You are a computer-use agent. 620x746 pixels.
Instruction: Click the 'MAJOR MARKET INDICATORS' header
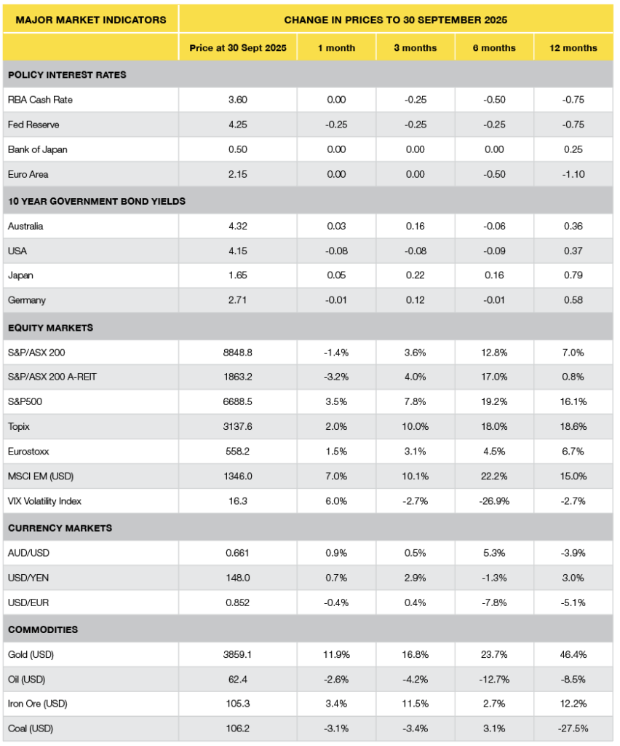(91, 20)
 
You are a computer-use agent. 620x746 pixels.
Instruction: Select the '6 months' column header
(494, 48)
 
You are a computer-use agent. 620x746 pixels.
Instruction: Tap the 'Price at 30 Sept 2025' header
(238, 48)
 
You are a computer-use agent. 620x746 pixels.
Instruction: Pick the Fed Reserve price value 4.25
(238, 125)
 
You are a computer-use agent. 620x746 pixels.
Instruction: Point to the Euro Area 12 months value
(573, 174)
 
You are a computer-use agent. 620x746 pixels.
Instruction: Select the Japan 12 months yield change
(573, 275)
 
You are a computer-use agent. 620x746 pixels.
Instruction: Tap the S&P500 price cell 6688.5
(238, 402)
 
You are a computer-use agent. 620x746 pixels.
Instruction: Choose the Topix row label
(19, 427)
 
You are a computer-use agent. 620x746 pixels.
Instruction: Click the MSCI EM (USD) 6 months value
(494, 476)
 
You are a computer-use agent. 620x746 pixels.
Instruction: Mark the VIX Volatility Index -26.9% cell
(494, 501)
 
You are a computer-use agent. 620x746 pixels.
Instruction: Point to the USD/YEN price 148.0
(238, 577)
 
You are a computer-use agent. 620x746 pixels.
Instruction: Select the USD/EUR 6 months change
(494, 602)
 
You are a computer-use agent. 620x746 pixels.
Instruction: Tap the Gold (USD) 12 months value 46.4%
(573, 654)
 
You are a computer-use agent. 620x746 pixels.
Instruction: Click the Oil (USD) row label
(26, 679)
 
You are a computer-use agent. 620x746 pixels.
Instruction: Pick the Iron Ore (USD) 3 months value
(415, 704)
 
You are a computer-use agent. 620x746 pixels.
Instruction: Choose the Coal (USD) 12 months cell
(573, 729)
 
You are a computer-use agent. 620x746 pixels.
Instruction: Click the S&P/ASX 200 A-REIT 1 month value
(336, 377)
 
